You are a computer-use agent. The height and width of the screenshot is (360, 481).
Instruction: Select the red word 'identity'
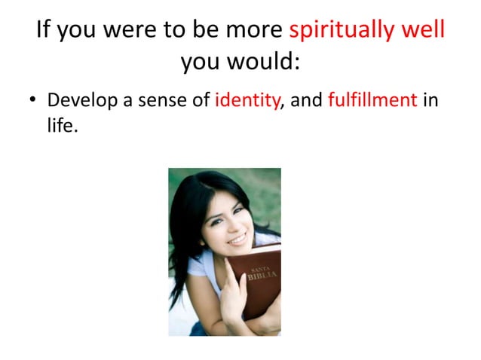click(x=247, y=99)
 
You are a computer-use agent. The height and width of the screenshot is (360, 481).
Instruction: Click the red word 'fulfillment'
click(x=372, y=99)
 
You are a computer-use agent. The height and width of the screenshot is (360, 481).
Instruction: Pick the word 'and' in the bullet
click(x=307, y=99)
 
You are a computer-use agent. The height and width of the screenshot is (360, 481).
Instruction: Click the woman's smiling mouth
click(x=237, y=239)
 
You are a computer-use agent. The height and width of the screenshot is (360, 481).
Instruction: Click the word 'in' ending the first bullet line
click(x=430, y=99)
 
